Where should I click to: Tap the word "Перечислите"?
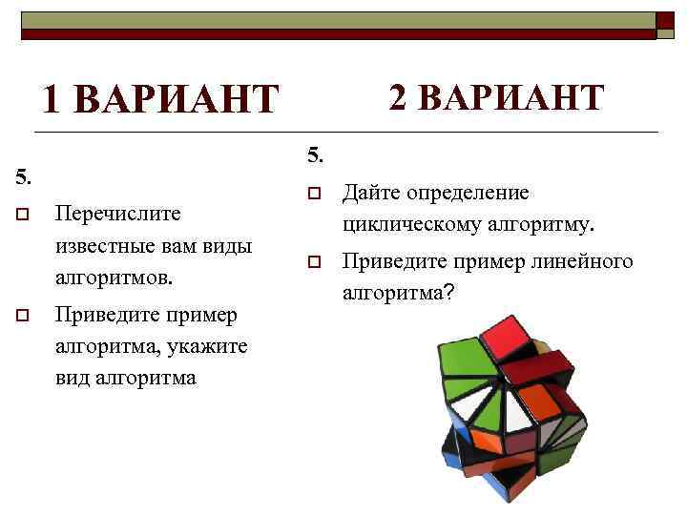click(x=118, y=212)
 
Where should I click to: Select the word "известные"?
click(x=106, y=246)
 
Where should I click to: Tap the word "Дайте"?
click(x=371, y=194)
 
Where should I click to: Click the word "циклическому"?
click(x=413, y=226)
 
